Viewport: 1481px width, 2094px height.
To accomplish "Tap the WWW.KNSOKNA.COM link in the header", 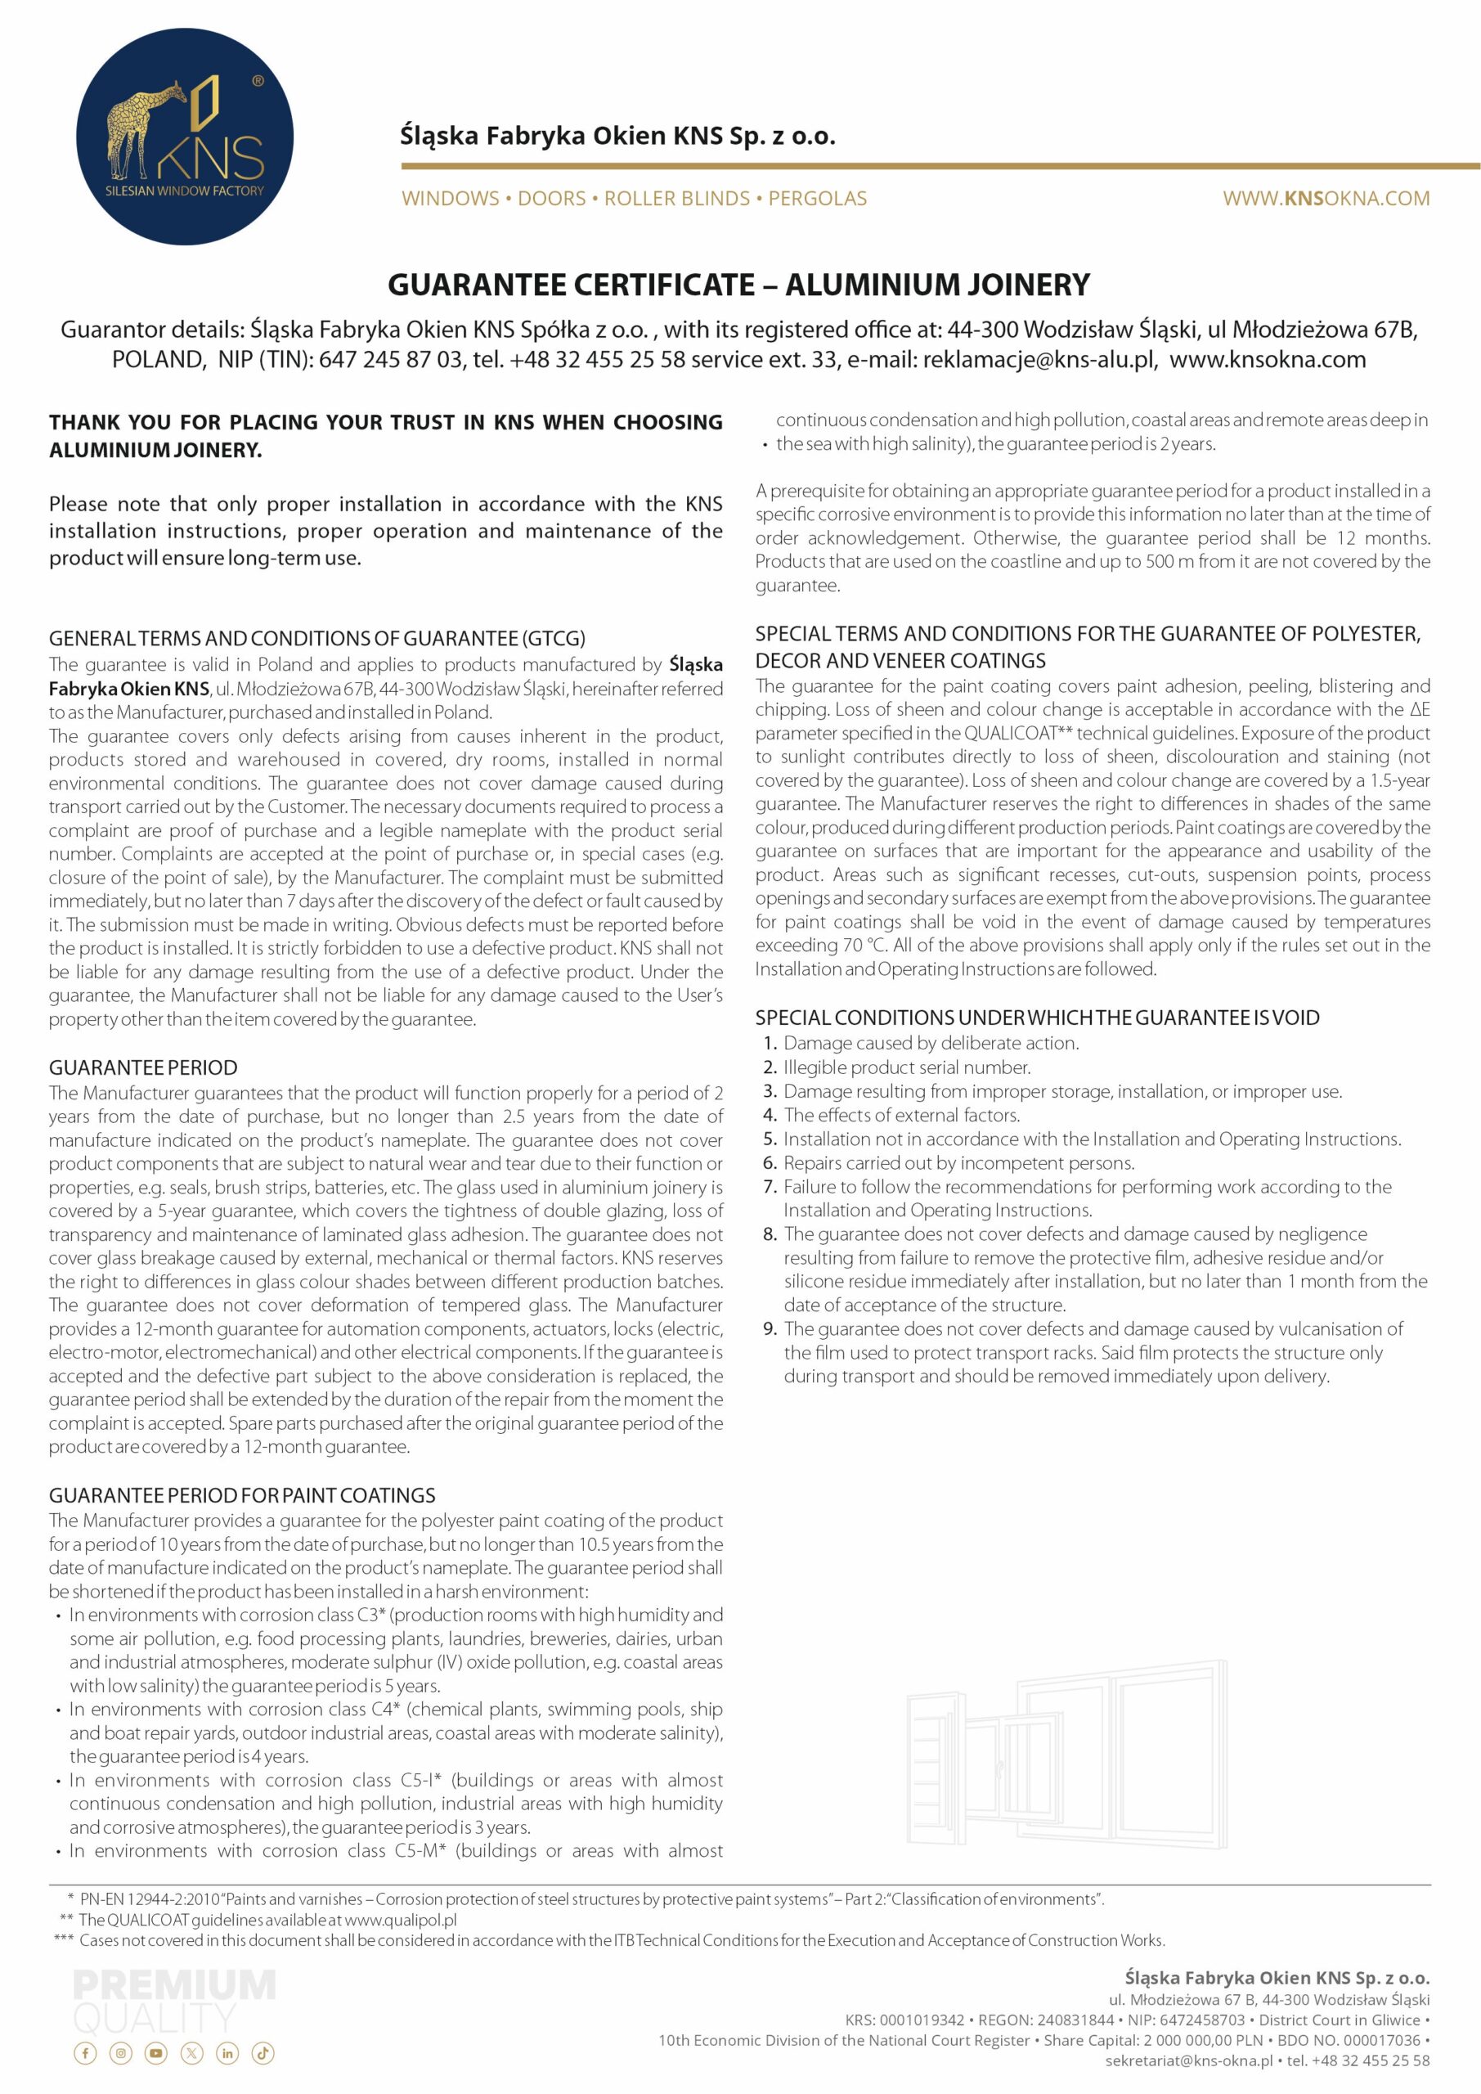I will (x=1325, y=198).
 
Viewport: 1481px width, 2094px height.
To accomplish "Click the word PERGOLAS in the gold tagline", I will (x=817, y=198).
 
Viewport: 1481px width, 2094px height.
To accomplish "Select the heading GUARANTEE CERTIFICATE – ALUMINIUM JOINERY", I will (x=738, y=285).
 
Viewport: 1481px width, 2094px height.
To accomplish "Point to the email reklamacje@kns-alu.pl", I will (x=1039, y=359).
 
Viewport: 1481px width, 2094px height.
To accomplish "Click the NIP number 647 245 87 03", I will (x=390, y=359).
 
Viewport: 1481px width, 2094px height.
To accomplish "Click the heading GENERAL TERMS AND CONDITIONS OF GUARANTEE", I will (x=316, y=637).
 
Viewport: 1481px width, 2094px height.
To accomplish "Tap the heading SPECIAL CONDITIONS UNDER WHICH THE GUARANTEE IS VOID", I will (x=1036, y=1017).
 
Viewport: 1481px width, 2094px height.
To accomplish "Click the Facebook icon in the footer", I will (x=85, y=2053).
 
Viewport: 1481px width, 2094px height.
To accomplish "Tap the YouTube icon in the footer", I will (x=156, y=2053).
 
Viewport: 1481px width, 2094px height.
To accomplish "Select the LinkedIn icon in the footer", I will (x=227, y=2053).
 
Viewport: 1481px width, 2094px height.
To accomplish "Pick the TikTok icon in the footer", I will (x=263, y=2053).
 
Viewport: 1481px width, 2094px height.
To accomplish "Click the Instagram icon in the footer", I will (x=120, y=2053).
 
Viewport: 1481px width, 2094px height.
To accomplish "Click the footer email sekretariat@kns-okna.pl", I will (x=1188, y=2060).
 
